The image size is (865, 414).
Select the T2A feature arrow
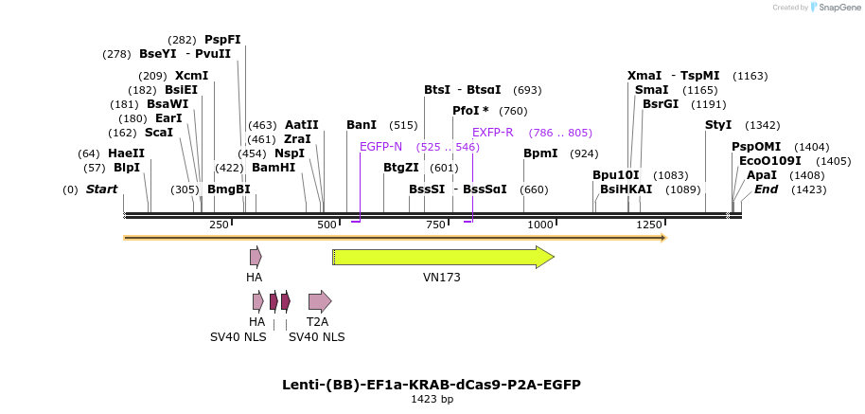pos(319,301)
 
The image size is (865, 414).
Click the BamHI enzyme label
pos(274,168)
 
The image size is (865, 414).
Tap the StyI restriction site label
pos(718,125)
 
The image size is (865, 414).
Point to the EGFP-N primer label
pos(380,147)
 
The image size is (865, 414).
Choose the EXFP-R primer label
pos(492,133)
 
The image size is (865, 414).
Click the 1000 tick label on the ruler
pos(540,225)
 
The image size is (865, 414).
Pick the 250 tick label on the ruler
pos(219,225)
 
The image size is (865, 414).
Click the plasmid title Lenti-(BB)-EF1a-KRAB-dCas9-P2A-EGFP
pos(432,385)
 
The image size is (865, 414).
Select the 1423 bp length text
pos(432,400)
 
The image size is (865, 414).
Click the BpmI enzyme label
pos(540,153)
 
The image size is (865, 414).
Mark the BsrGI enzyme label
pos(661,104)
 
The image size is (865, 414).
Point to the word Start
pos(101,189)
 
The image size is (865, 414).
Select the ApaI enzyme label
pos(761,175)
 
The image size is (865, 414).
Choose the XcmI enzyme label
pos(192,76)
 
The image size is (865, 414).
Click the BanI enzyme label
pos(362,125)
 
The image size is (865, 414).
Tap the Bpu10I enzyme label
pos(616,175)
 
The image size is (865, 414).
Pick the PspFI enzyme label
pos(223,40)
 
